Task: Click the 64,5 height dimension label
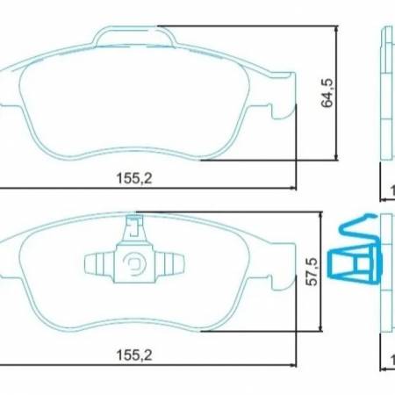(x=328, y=91)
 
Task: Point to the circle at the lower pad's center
(x=137, y=262)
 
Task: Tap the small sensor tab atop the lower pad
(x=135, y=230)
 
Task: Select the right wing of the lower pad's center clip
(x=173, y=262)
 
